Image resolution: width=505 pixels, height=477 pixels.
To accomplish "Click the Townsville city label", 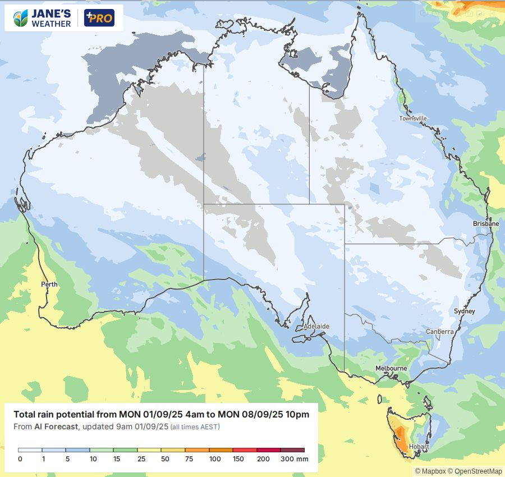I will pos(413,118).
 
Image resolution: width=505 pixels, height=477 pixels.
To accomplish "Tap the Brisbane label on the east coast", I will pos(485,223).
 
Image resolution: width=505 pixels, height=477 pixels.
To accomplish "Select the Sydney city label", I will pos(464,311).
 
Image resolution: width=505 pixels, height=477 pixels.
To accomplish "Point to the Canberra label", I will pos(439,332).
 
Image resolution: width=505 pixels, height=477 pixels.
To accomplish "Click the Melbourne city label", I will pos(391,368).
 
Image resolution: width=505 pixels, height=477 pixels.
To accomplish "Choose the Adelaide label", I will pos(316,326).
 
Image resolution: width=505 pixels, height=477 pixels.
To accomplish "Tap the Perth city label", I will pos(49,284).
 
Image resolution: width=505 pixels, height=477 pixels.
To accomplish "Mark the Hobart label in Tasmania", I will pos(419,447).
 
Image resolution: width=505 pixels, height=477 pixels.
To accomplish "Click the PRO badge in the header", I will pos(99,18).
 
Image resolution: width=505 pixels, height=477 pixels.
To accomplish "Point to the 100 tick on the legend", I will pos(215,459).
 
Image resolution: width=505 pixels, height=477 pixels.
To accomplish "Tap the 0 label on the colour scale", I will pos(20,459).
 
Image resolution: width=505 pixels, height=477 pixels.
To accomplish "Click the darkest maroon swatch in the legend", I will pos(292,450).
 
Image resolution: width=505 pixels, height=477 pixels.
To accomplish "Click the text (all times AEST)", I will pos(195,427).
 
